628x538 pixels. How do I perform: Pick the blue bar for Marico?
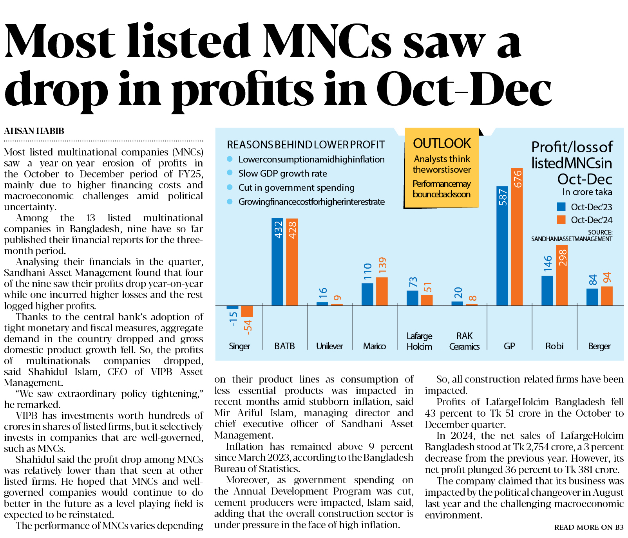click(x=367, y=294)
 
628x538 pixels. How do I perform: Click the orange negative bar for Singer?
click(x=247, y=311)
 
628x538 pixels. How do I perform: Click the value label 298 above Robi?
click(x=563, y=258)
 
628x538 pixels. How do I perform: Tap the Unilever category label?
click(x=329, y=346)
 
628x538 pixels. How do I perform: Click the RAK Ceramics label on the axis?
click(x=464, y=341)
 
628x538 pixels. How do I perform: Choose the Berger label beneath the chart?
click(x=599, y=346)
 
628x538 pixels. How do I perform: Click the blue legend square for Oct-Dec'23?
click(x=561, y=207)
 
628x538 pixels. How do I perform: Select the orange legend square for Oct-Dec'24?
click(x=561, y=220)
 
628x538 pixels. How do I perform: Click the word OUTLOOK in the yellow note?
click(x=442, y=143)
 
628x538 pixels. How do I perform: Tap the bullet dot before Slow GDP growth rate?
click(x=230, y=173)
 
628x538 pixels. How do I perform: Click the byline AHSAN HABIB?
click(x=34, y=131)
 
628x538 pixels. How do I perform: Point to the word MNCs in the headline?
click(x=327, y=42)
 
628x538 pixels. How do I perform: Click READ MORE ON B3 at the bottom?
click(x=588, y=527)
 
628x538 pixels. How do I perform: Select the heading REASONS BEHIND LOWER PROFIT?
click(x=306, y=145)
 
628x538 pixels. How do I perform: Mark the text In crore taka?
click(x=587, y=192)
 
